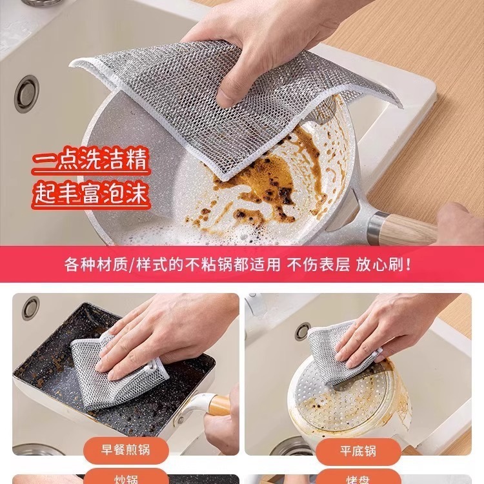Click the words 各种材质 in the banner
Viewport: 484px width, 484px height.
pyautogui.click(x=97, y=265)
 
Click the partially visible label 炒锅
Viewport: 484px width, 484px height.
pyautogui.click(x=125, y=479)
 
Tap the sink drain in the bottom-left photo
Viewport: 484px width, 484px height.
pyautogui.click(x=30, y=308)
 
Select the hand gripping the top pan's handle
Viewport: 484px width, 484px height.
pyautogui.click(x=459, y=223)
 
